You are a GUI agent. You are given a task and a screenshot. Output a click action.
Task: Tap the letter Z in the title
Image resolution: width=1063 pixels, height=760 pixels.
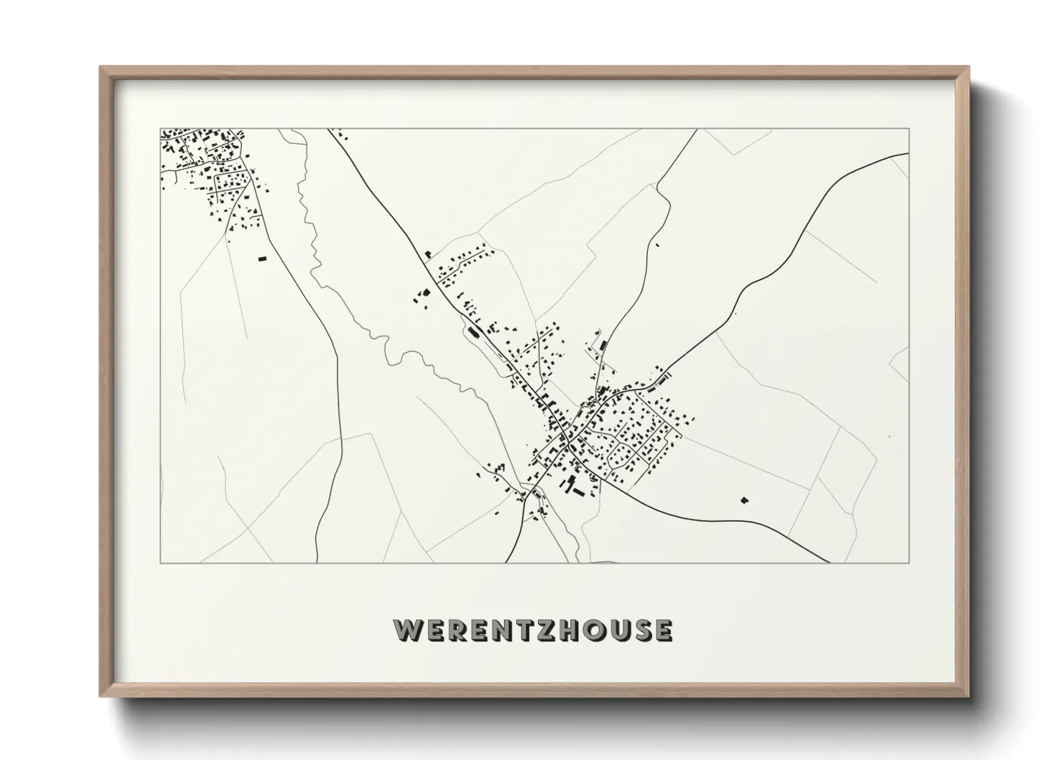(x=542, y=629)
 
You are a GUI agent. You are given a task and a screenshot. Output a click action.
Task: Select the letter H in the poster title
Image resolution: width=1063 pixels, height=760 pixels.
(x=565, y=629)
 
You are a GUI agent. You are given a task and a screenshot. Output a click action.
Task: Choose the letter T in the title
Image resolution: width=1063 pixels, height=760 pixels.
(x=521, y=629)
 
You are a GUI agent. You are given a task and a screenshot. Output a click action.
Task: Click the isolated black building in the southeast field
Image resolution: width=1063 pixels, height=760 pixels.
(x=744, y=499)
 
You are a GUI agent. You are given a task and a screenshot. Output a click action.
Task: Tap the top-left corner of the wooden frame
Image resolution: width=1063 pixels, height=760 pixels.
(x=101, y=68)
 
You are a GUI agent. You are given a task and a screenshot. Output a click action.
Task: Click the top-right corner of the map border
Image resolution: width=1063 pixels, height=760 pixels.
(x=909, y=129)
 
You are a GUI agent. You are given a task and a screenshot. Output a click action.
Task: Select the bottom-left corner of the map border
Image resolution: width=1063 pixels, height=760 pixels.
(x=160, y=562)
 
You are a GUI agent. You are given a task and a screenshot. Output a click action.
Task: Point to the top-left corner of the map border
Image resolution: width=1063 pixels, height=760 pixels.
(x=160, y=129)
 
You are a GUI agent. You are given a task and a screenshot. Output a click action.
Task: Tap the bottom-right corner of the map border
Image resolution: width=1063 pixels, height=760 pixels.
(x=909, y=562)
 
